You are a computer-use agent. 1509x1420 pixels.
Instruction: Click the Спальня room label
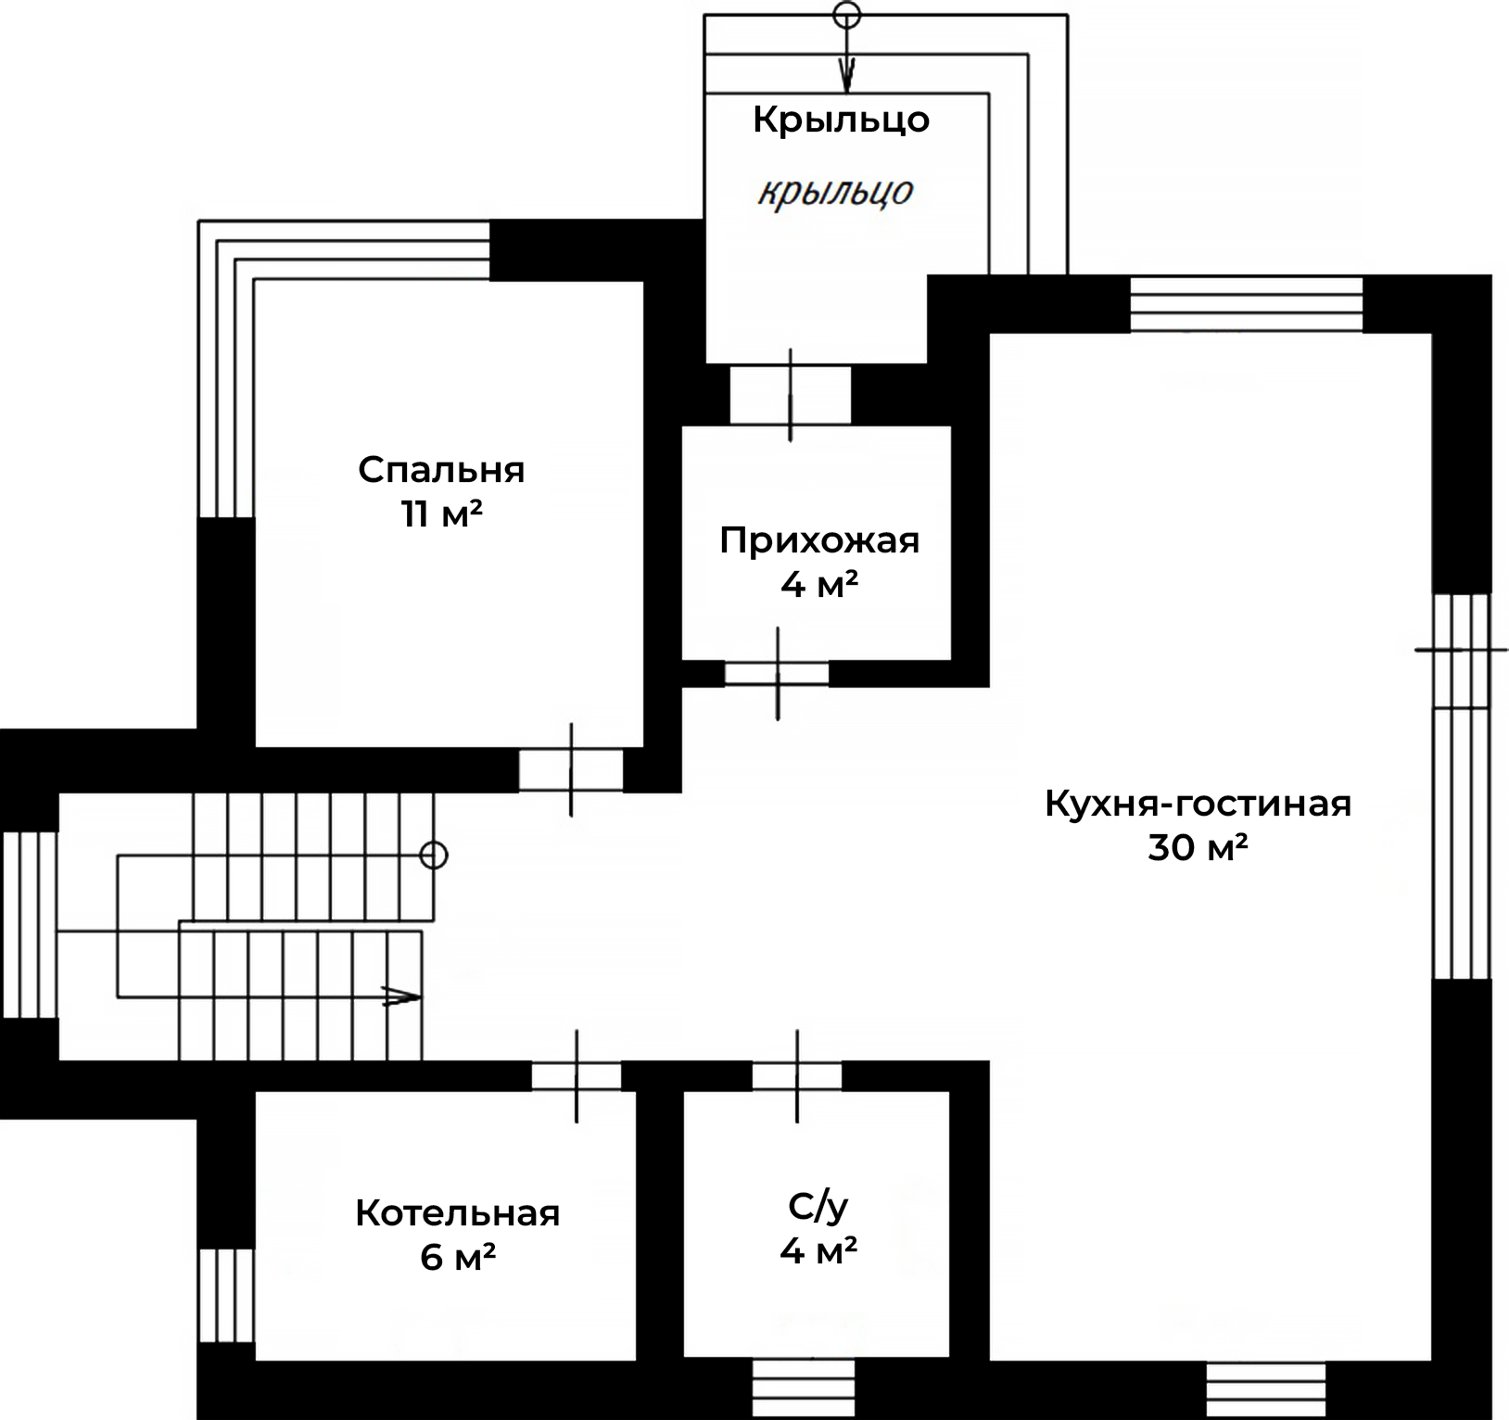pos(441,471)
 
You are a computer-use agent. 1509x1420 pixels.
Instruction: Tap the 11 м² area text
pos(441,513)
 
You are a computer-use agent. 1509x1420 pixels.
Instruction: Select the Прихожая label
pos(819,540)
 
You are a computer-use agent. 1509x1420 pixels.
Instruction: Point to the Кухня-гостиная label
pos(1198,804)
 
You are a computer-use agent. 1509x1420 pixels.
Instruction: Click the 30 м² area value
pos(1198,847)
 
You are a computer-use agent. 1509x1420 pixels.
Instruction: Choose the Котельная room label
pos(458,1213)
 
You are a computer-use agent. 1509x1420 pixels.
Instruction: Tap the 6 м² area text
pos(458,1257)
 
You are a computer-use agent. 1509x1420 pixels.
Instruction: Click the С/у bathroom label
pos(818,1207)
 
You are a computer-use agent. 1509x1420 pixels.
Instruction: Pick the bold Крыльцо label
pos(841,120)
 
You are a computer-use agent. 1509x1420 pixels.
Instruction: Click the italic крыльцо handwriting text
pos(836,192)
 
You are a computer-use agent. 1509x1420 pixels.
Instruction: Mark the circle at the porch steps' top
pos(847,14)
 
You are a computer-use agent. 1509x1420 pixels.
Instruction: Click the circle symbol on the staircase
pos(434,855)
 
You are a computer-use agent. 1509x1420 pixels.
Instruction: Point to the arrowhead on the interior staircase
pos(401,997)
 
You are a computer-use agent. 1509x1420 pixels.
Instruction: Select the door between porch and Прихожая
pos(790,396)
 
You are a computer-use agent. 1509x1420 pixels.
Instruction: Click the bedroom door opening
pos(571,770)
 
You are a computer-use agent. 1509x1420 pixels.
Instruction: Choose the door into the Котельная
pos(577,1076)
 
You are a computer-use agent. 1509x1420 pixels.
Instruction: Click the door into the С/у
pos(797,1076)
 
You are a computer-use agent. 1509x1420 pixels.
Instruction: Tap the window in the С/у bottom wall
pos(803,1388)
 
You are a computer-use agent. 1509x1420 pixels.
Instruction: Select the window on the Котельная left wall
pos(226,1295)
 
